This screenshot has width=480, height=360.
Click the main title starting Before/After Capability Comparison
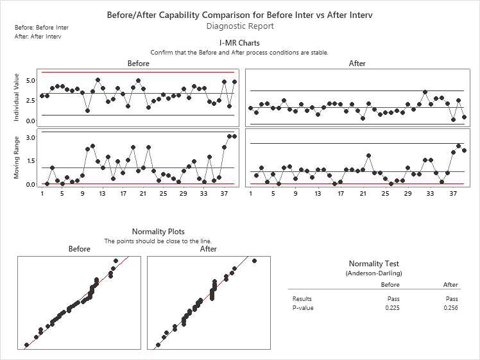coord(240,13)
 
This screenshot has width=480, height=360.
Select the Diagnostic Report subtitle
coord(240,26)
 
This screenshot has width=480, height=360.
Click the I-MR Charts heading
coord(239,43)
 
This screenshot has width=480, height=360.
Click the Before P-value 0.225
coord(390,308)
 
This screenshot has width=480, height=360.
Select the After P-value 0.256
coord(450,308)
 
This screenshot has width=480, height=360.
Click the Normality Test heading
coord(378,264)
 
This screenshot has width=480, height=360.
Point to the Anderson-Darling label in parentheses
coord(378,273)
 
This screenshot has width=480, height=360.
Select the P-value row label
coord(302,308)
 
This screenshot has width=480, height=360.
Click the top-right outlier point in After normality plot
coord(254,261)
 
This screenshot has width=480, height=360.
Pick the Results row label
coord(302,299)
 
